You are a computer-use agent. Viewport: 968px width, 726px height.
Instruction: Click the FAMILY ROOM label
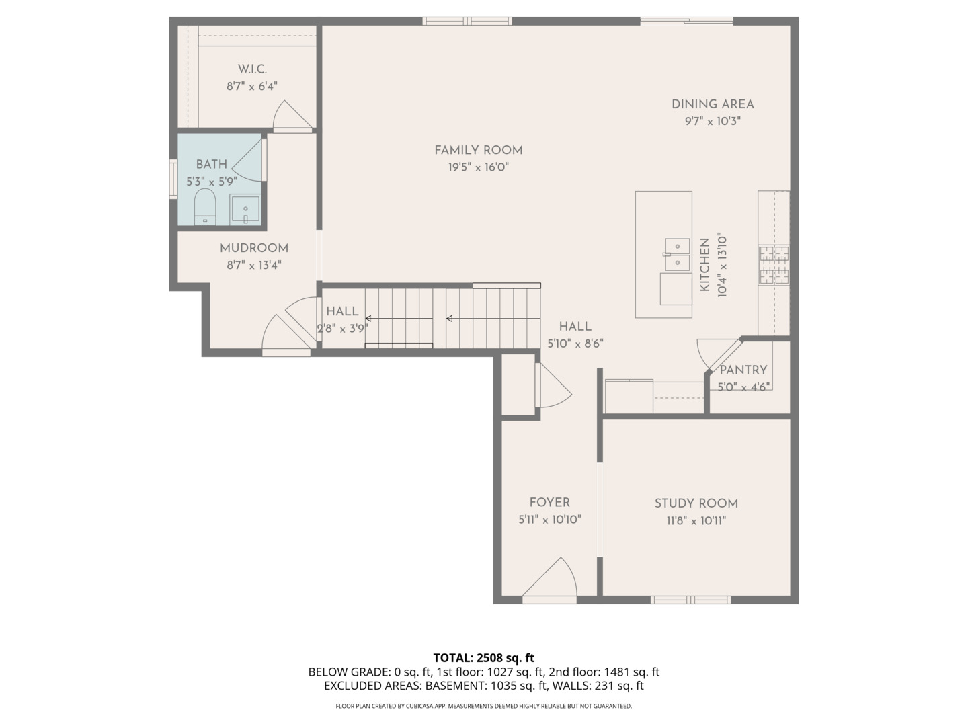click(478, 150)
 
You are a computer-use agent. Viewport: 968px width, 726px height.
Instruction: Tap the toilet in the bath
click(204, 206)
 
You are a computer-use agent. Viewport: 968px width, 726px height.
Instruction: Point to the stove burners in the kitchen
click(774, 265)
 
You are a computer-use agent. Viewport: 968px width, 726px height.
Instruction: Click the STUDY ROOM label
click(696, 503)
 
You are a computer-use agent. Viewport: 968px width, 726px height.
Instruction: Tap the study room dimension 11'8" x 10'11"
click(696, 520)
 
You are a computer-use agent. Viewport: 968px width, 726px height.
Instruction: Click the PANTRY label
click(743, 370)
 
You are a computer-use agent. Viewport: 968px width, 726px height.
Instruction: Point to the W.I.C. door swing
click(290, 116)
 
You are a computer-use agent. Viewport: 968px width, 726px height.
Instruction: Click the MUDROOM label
click(253, 248)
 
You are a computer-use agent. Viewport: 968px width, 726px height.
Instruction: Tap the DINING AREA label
click(713, 104)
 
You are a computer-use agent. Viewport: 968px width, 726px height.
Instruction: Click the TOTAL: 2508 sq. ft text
click(483, 657)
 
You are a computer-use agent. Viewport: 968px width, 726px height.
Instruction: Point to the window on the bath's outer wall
click(173, 179)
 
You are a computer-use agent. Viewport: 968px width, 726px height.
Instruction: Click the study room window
click(690, 599)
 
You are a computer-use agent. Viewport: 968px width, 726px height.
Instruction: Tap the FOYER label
click(549, 502)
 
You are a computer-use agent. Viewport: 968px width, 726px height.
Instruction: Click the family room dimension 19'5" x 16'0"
click(478, 167)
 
